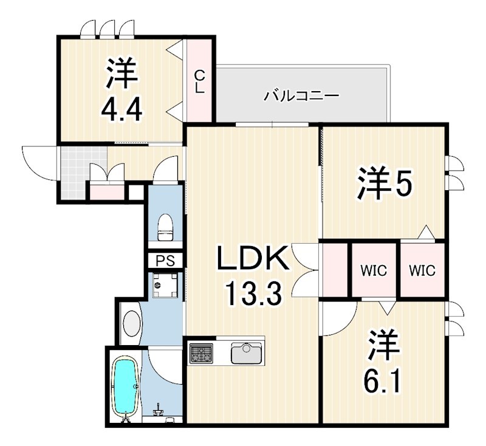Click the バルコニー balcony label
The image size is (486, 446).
pos(301,95)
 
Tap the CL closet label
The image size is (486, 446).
pos(199,81)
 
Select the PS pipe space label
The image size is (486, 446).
pos(165,261)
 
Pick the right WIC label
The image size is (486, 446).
pos(422,271)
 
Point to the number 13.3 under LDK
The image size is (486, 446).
pos(254,295)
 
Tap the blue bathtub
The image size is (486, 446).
pos(126,387)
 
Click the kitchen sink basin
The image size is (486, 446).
pos(246,352)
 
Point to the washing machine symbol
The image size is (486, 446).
pos(165,284)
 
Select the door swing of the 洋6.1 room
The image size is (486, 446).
pos(338,317)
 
